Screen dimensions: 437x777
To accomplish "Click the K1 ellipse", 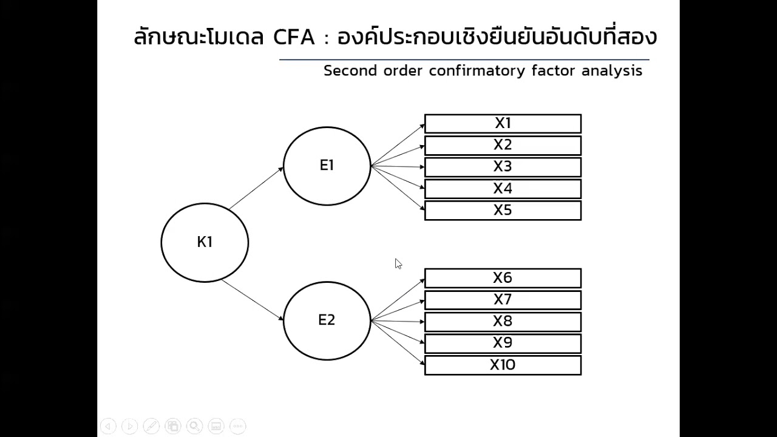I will coord(205,242).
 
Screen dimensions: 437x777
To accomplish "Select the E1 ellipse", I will coord(327,166).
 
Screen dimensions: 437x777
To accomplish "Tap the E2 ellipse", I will coord(327,320).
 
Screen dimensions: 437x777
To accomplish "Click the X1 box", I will coord(503,123).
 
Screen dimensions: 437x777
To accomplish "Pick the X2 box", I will coord(503,145).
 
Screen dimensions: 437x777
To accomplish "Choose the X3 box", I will coord(503,167).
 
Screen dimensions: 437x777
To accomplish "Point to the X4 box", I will coord(503,189).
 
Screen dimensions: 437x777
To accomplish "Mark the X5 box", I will coord(503,211).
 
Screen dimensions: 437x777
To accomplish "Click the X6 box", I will coord(503,278).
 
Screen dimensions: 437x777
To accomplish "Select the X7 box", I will coord(503,300).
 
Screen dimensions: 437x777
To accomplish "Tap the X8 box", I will coord(503,322).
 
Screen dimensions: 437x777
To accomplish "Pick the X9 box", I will coord(503,344).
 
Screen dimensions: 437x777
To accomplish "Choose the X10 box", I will coord(503,365).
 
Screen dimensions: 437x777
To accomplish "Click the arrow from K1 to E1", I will coord(256,188).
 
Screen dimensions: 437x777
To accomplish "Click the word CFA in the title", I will coord(294,38).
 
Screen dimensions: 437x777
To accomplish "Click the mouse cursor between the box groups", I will coord(398,264).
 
